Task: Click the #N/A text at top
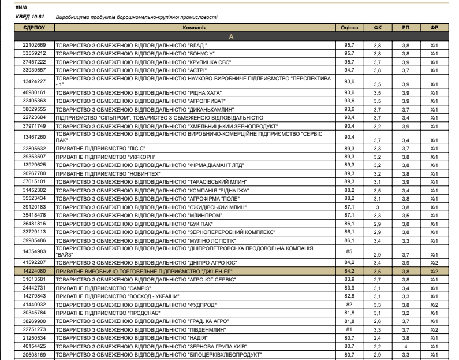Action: (x=21, y=7)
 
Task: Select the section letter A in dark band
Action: (x=231, y=36)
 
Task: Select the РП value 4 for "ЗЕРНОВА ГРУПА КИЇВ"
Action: (x=405, y=346)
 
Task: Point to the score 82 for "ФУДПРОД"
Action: (x=348, y=303)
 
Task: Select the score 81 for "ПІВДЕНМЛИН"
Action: (x=348, y=329)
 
